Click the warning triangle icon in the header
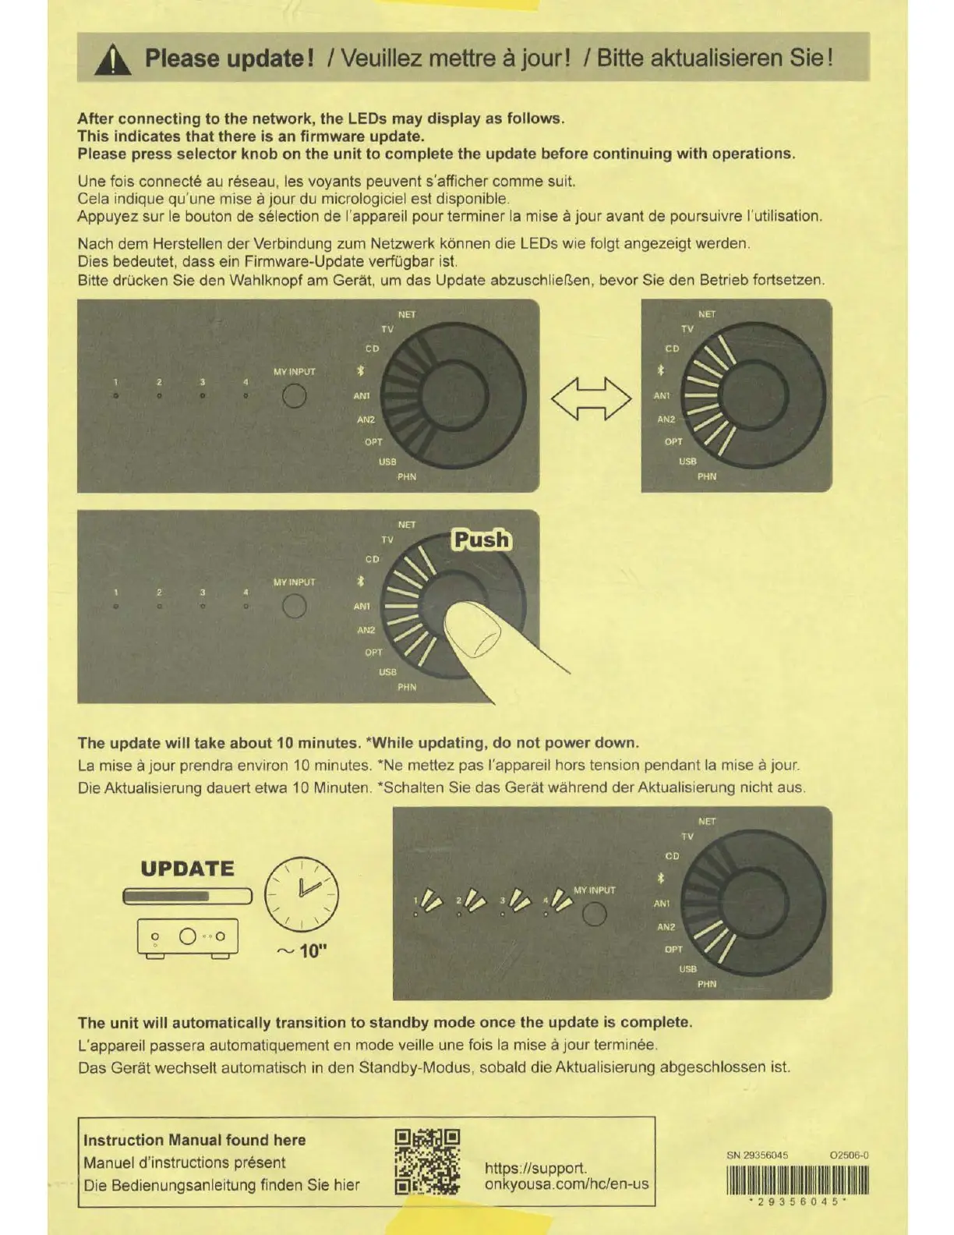112,59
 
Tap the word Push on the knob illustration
482,540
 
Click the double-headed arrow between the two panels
591,398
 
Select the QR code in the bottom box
427,1162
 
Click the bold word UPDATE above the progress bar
187,869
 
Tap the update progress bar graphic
187,897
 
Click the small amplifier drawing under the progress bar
187,937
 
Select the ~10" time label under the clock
302,951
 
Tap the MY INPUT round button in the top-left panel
294,396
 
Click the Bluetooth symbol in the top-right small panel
660,370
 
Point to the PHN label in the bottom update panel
707,984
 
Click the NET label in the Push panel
407,525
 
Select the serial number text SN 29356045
757,1155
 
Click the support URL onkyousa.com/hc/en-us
567,1184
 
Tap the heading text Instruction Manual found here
195,1140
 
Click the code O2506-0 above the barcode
850,1155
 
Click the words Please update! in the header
229,58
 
